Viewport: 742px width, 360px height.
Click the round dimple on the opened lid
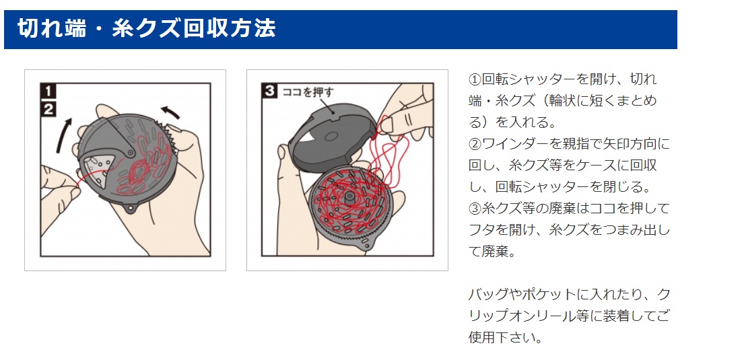point(330,135)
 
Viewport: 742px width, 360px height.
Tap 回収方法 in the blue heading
point(234,29)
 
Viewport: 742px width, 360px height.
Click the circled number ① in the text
point(475,79)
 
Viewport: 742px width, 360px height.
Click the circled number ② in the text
point(475,144)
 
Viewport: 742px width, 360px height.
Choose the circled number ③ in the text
point(475,209)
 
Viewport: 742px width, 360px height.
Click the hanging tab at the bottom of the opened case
point(368,247)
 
